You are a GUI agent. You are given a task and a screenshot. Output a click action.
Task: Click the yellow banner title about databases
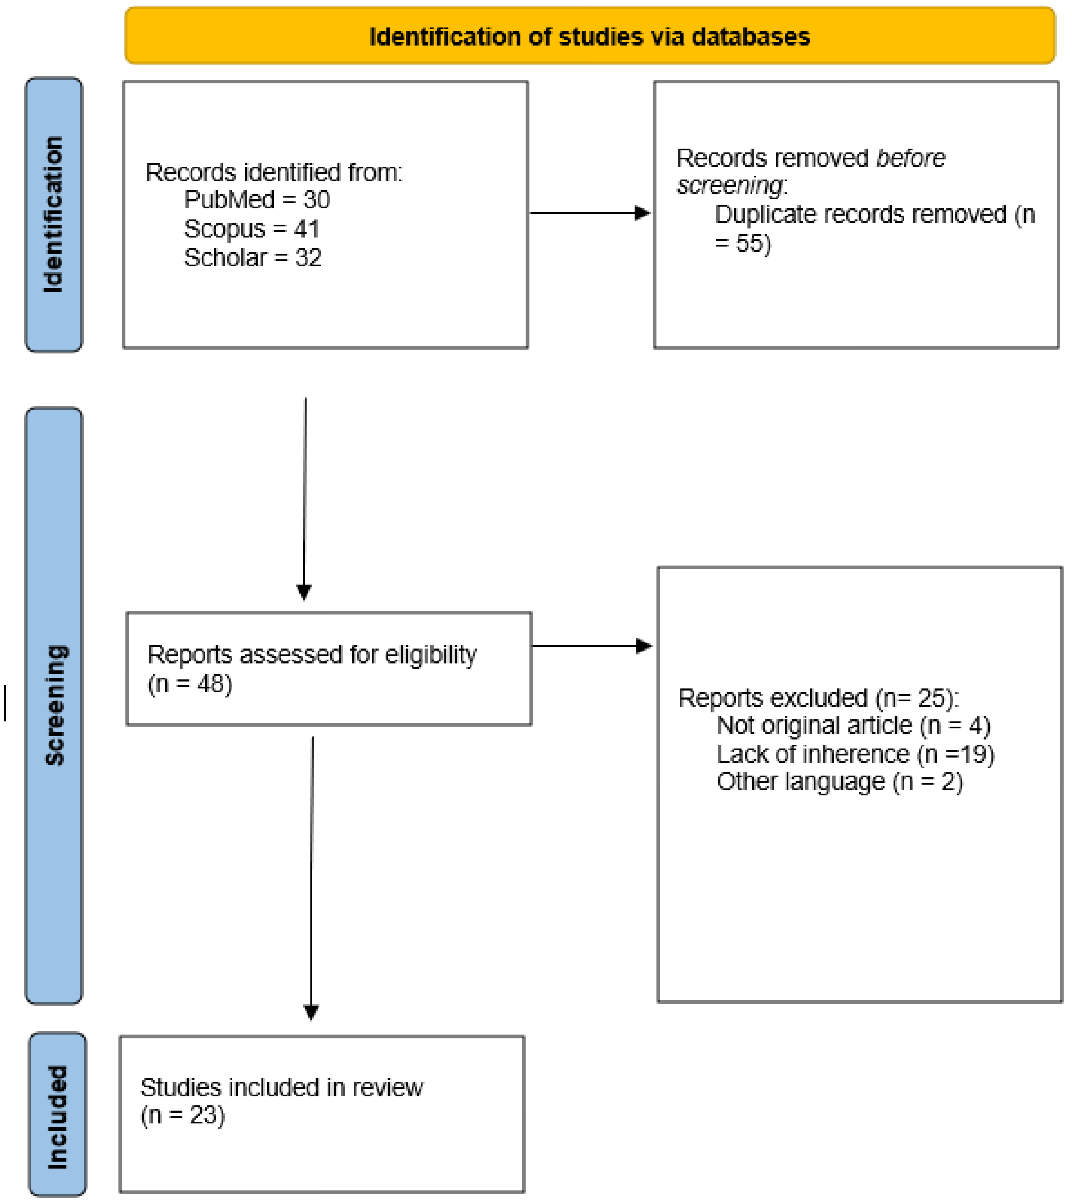click(x=589, y=37)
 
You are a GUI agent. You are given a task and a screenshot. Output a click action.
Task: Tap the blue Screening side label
click(x=55, y=705)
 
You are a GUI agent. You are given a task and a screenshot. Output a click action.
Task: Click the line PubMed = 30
click(x=257, y=200)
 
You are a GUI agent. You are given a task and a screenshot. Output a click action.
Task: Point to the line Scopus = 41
click(x=251, y=229)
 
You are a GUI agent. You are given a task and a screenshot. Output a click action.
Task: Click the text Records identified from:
click(x=274, y=173)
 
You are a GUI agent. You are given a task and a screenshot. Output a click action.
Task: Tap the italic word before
click(x=910, y=158)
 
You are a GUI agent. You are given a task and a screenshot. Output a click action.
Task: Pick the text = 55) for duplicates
click(x=742, y=243)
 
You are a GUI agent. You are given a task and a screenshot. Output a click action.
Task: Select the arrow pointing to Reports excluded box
click(x=592, y=646)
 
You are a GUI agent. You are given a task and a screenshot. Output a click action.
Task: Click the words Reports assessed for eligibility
click(x=312, y=655)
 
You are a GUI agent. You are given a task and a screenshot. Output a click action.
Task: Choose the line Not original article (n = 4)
click(x=853, y=725)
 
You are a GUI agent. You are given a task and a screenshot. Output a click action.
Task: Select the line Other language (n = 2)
click(x=840, y=782)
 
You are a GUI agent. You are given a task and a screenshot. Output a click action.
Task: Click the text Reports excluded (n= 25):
click(x=818, y=697)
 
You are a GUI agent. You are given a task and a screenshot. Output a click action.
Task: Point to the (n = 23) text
click(x=182, y=1115)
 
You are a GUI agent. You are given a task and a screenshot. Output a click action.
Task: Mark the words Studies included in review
click(x=281, y=1088)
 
